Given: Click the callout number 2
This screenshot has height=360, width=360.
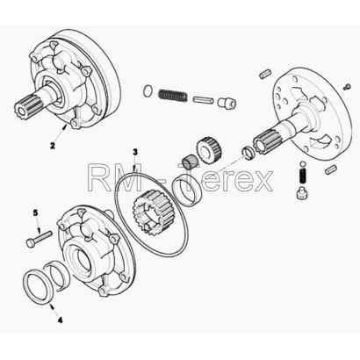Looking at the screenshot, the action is pyautogui.click(x=52, y=146).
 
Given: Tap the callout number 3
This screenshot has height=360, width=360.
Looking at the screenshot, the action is pyautogui.click(x=135, y=152).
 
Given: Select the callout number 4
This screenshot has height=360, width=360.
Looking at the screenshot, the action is pyautogui.click(x=60, y=320).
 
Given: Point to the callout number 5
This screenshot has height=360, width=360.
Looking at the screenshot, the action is pyautogui.click(x=35, y=212).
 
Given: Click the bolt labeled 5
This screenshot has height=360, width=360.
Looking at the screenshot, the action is pyautogui.click(x=39, y=239).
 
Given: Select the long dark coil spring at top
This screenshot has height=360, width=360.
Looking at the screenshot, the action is pyautogui.click(x=173, y=97).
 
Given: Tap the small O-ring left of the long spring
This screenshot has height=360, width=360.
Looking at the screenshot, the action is pyautogui.click(x=148, y=90).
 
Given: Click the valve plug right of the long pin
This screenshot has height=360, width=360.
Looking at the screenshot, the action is pyautogui.click(x=227, y=102).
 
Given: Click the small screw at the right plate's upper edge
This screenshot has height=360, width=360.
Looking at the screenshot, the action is pyautogui.click(x=347, y=86).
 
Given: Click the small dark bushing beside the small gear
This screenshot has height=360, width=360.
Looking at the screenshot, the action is pyautogui.click(x=189, y=161).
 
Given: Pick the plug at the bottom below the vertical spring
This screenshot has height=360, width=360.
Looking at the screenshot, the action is pyautogui.click(x=302, y=194).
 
